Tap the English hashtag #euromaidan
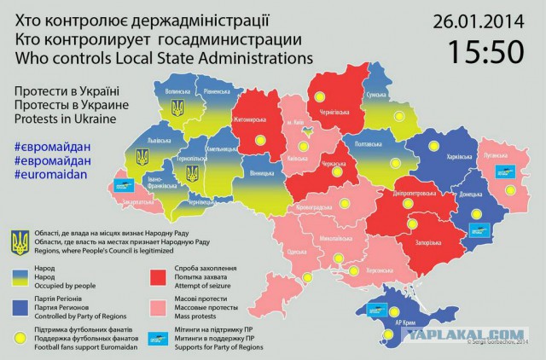point(51,173)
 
